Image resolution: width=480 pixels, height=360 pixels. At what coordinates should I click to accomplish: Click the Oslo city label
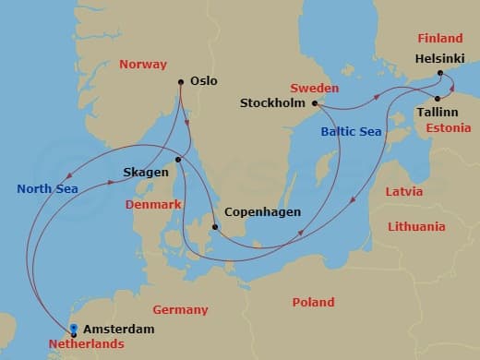pyautogui.click(x=203, y=81)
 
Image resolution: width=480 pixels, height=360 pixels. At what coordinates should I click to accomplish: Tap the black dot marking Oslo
pyautogui.click(x=181, y=81)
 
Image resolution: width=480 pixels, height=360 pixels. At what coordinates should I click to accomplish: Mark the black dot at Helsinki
pyautogui.click(x=440, y=73)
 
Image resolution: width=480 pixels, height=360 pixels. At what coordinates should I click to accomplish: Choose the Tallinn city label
pyautogui.click(x=438, y=111)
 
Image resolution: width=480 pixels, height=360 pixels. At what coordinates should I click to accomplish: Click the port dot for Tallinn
pyautogui.click(x=437, y=98)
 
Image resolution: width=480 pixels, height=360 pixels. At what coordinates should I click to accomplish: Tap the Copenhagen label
pyautogui.click(x=264, y=212)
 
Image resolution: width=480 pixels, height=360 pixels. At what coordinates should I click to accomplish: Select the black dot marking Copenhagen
pyautogui.click(x=215, y=227)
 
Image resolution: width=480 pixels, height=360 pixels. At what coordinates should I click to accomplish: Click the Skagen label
pyautogui.click(x=146, y=173)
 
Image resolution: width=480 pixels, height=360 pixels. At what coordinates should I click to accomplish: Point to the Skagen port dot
pyautogui.click(x=178, y=159)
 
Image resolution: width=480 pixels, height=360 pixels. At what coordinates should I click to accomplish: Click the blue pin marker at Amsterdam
pyautogui.click(x=73, y=328)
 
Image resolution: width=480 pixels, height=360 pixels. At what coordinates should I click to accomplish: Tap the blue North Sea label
pyautogui.click(x=46, y=189)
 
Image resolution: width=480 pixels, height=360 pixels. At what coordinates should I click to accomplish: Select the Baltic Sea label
pyautogui.click(x=353, y=132)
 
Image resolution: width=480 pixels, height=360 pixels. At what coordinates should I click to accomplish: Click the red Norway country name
pyautogui.click(x=143, y=65)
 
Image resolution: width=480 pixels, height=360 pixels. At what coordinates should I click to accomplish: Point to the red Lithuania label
pyautogui.click(x=416, y=226)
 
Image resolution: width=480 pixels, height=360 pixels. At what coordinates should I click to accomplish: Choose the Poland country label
pyautogui.click(x=313, y=303)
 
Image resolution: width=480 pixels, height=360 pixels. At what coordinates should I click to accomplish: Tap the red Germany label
pyautogui.click(x=180, y=310)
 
